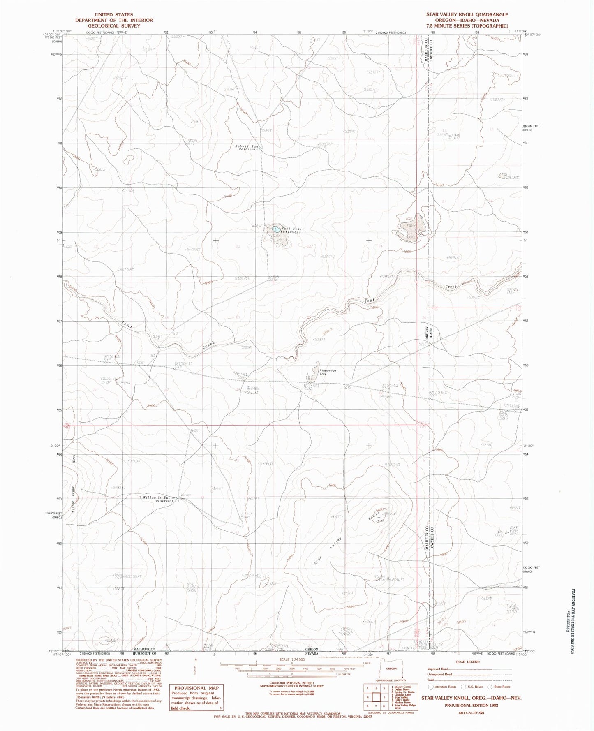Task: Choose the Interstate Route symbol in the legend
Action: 431,687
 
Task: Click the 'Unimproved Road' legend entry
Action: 440,674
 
